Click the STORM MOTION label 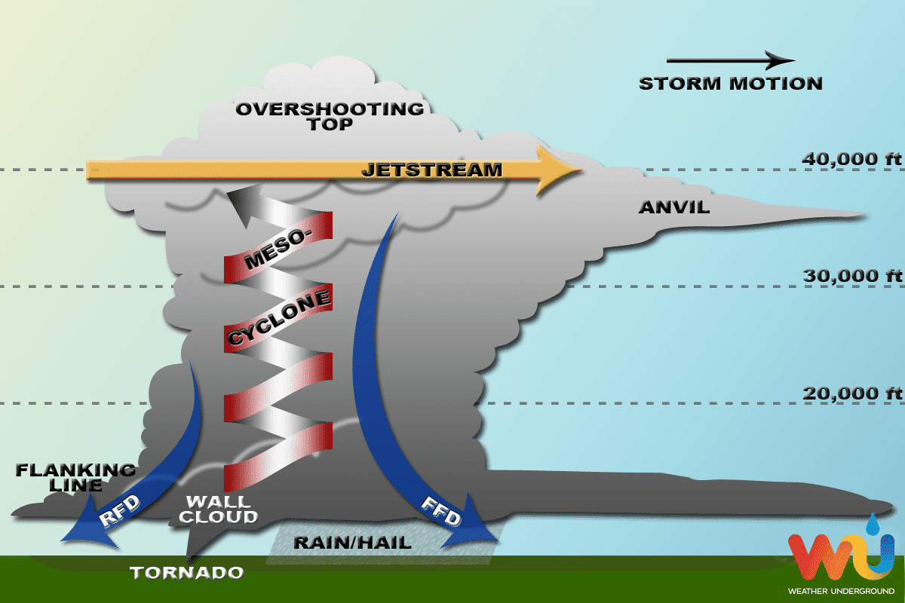coord(730,84)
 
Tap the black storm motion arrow coord(730,60)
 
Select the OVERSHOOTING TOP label coord(330,116)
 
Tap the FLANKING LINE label coord(75,478)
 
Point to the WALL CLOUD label coord(221,510)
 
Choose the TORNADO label coord(187,573)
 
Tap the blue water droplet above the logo coord(873,522)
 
